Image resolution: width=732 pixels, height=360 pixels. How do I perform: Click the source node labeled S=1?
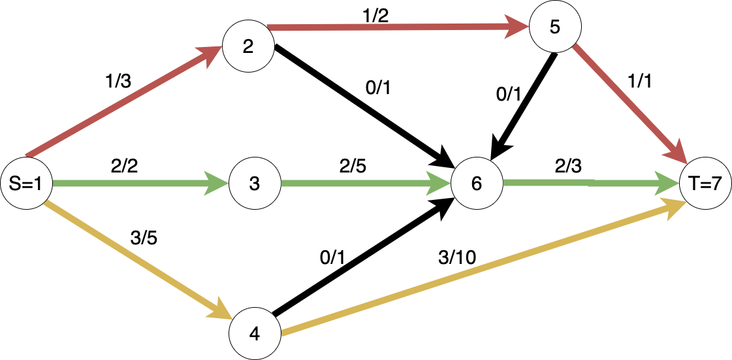(25, 184)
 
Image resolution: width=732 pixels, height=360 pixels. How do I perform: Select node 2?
(248, 47)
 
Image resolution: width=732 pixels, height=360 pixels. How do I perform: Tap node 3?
(254, 184)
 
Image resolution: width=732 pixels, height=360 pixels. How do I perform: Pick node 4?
(255, 334)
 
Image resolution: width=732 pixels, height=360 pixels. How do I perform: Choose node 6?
(476, 184)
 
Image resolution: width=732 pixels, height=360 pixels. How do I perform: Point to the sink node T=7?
(705, 184)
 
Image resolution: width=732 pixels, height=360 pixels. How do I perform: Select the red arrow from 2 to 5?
(392, 27)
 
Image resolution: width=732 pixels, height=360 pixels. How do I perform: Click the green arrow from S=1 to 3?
(131, 184)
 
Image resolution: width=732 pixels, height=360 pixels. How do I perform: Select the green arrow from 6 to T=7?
(581, 184)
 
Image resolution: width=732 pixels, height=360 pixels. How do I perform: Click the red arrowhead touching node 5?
(518, 27)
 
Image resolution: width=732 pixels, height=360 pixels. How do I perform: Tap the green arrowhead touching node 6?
(439, 184)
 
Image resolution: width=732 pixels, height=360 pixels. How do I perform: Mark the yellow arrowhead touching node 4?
(220, 311)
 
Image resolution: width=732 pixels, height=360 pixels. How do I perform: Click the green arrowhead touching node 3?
(217, 184)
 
